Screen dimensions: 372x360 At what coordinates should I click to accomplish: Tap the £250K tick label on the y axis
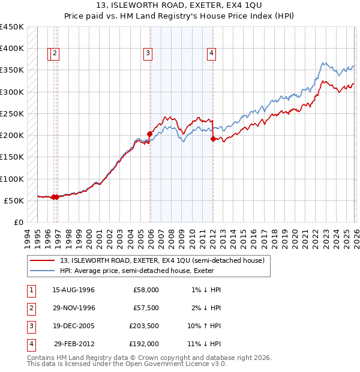[x=12, y=113]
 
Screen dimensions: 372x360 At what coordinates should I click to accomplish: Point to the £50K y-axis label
[x=14, y=200]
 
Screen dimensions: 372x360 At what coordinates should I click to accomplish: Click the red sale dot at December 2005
[x=150, y=134]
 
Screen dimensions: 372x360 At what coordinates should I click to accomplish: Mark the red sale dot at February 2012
[x=213, y=139]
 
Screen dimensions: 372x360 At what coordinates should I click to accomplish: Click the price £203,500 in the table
[x=144, y=326]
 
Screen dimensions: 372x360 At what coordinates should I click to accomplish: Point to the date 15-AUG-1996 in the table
[x=74, y=290]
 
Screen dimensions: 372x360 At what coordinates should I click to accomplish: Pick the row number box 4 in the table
[x=31, y=344]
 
